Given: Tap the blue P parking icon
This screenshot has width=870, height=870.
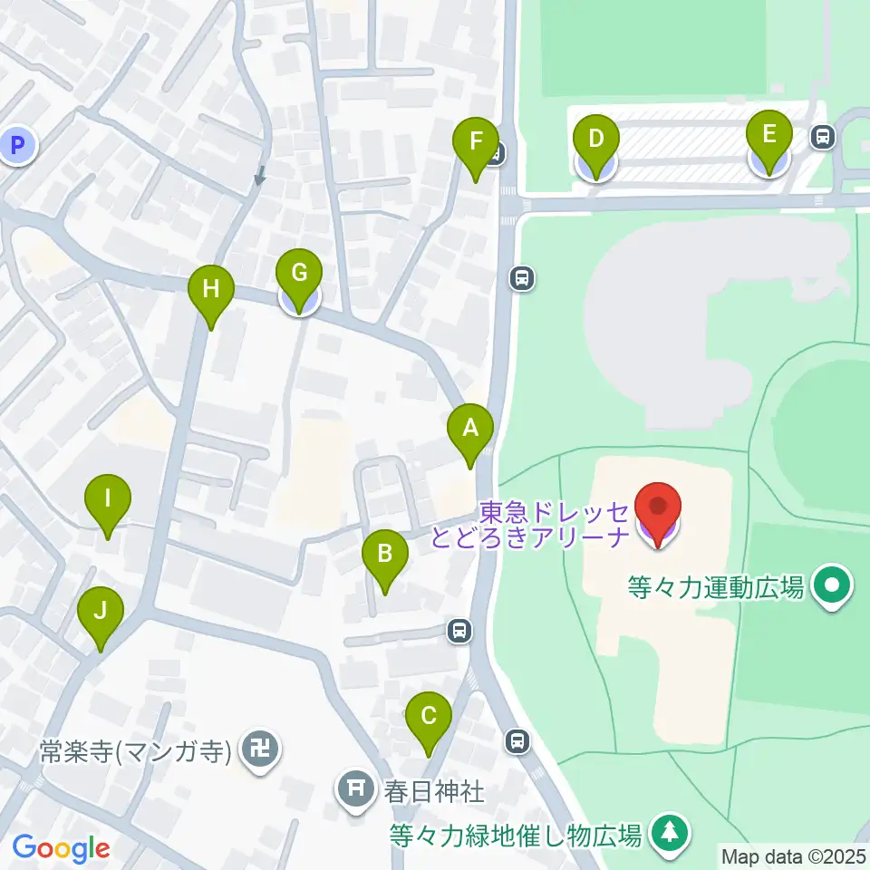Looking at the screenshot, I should [x=16, y=144].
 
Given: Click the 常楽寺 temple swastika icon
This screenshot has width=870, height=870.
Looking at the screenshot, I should [x=261, y=751].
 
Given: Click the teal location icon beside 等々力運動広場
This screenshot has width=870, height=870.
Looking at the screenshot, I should [x=831, y=587].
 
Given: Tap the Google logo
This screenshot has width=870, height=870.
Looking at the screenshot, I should [x=62, y=849].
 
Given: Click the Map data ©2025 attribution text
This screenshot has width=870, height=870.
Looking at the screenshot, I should [x=793, y=855].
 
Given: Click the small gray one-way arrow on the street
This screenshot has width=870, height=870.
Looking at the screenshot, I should [x=260, y=174].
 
